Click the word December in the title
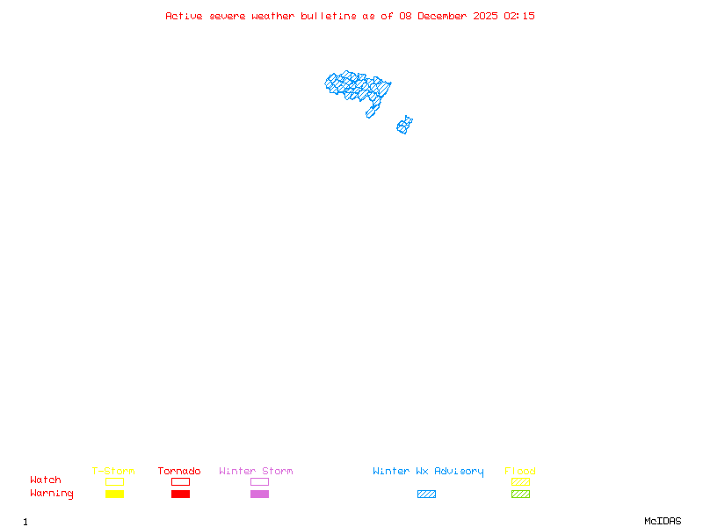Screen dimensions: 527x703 (x=445, y=16)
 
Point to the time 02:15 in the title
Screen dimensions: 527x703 (x=519, y=16)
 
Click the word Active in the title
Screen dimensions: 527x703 (x=185, y=16)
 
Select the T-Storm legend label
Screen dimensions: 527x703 (x=113, y=471)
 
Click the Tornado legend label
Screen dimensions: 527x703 (x=179, y=471)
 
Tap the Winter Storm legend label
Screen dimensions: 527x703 (x=256, y=471)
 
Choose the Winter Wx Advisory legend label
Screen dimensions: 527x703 (x=428, y=471)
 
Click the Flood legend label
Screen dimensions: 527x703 (x=520, y=471)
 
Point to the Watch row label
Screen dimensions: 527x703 (x=46, y=480)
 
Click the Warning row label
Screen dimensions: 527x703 (x=52, y=494)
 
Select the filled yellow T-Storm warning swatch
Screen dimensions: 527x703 (x=114, y=494)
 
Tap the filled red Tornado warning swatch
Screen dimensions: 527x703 (x=180, y=494)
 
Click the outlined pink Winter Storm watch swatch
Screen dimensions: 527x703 (x=259, y=481)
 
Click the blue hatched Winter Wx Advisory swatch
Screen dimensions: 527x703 (x=426, y=494)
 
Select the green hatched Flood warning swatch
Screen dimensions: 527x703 (x=520, y=494)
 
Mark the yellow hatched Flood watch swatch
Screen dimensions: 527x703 (x=520, y=481)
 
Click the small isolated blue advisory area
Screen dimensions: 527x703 (x=404, y=126)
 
